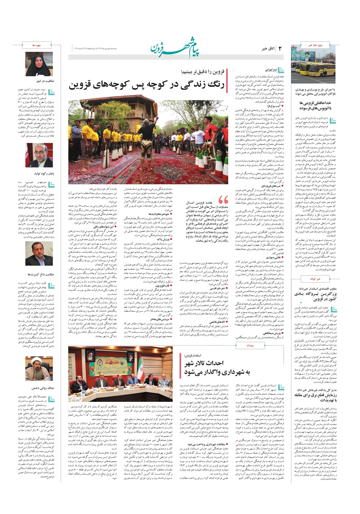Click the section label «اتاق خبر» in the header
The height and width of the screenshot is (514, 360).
(268, 49)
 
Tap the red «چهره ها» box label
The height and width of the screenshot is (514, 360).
(37, 45)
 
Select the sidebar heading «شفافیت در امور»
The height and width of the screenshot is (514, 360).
(45, 81)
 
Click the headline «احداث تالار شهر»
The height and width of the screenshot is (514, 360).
(204, 363)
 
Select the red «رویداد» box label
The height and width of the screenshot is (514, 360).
(250, 345)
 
